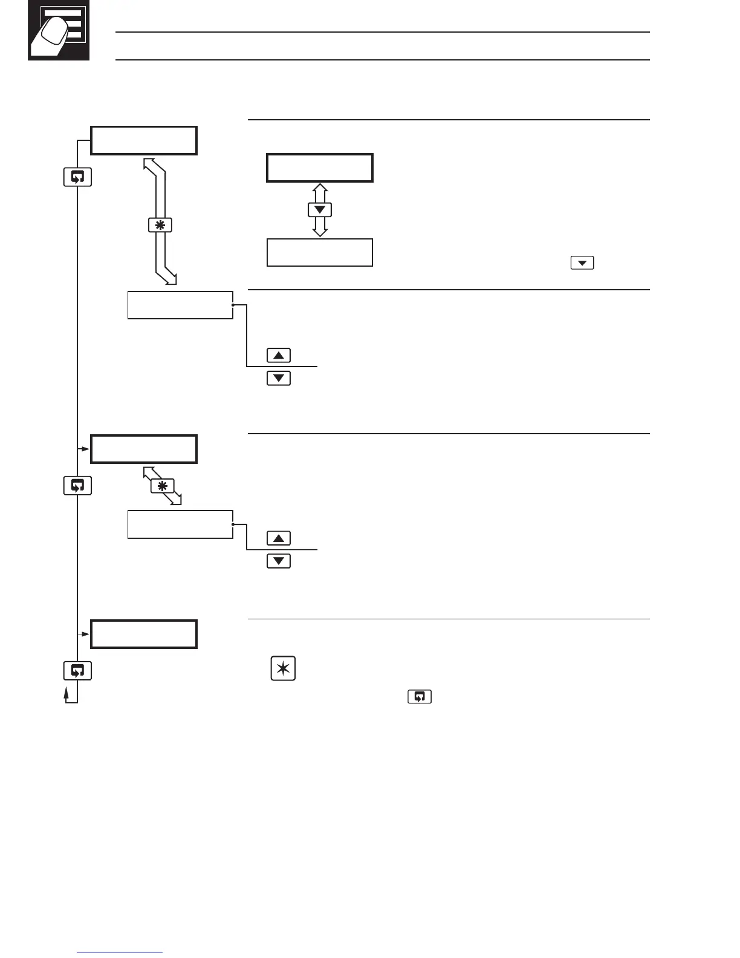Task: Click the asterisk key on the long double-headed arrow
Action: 160,225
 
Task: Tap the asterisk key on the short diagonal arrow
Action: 162,485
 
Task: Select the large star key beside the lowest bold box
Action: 283,670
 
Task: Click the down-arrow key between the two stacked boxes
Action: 320,210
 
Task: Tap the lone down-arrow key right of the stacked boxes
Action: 582,263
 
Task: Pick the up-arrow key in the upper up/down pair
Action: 279,355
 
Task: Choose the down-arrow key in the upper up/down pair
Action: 279,379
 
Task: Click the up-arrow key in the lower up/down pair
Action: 279,538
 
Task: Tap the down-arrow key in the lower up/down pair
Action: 279,561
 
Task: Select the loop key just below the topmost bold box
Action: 77,177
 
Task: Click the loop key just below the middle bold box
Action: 77,486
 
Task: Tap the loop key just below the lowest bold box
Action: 77,671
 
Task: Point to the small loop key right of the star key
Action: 420,697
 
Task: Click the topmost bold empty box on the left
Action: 144,140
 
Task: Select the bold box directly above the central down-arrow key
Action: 320,168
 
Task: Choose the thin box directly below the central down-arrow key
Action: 320,252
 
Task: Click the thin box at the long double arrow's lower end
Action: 180,305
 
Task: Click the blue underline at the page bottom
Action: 120,953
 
